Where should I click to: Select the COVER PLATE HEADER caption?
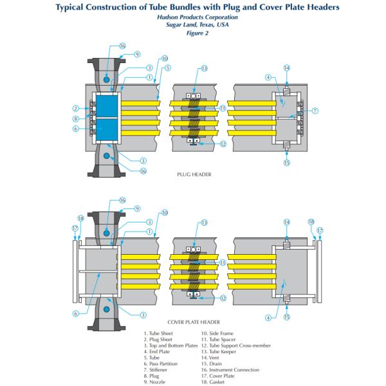click(x=194, y=322)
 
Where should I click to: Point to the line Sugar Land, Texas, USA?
click(x=193, y=25)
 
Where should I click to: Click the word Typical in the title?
click(x=75, y=7)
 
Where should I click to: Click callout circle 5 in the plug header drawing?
click(x=167, y=68)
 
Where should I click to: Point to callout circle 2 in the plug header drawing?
click(x=76, y=108)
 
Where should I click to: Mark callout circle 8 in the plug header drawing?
click(x=76, y=118)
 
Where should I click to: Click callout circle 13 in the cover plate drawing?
click(x=204, y=223)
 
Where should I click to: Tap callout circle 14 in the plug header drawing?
click(x=287, y=68)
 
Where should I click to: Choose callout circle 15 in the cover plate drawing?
click(x=287, y=317)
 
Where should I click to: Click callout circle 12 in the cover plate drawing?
click(x=223, y=298)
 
